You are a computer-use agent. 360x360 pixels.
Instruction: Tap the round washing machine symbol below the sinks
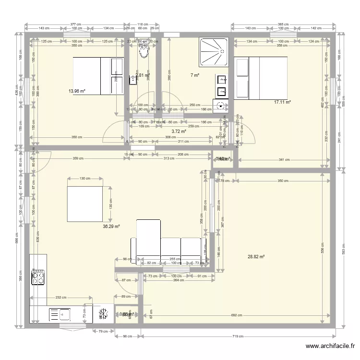(221, 107)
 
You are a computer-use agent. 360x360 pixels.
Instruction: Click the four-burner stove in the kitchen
(38, 277)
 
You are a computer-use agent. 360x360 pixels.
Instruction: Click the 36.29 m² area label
(111, 226)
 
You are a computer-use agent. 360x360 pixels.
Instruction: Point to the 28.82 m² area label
(256, 257)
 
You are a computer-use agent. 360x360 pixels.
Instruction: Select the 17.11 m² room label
(282, 102)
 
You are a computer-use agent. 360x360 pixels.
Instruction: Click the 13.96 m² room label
(76, 91)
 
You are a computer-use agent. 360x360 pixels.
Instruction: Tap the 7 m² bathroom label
(194, 75)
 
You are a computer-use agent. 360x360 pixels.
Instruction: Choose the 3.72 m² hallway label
(179, 131)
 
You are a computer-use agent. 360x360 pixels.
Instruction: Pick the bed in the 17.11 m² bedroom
(260, 78)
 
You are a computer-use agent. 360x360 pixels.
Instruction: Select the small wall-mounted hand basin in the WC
(132, 80)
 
